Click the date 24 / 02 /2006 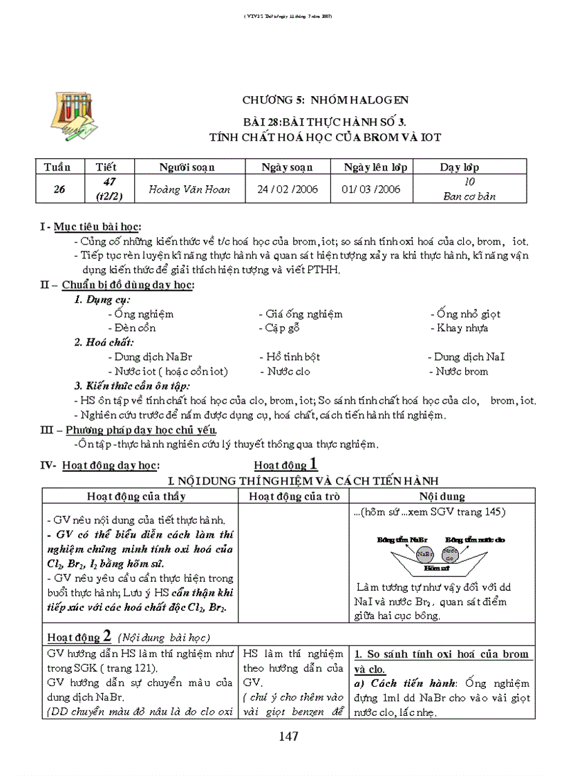(288, 189)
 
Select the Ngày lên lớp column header (375, 167)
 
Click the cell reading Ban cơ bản (469, 196)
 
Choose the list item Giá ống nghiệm (301, 314)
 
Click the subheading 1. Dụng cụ (102, 299)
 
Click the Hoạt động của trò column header (295, 496)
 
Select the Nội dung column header (442, 496)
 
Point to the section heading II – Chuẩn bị (117, 285)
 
